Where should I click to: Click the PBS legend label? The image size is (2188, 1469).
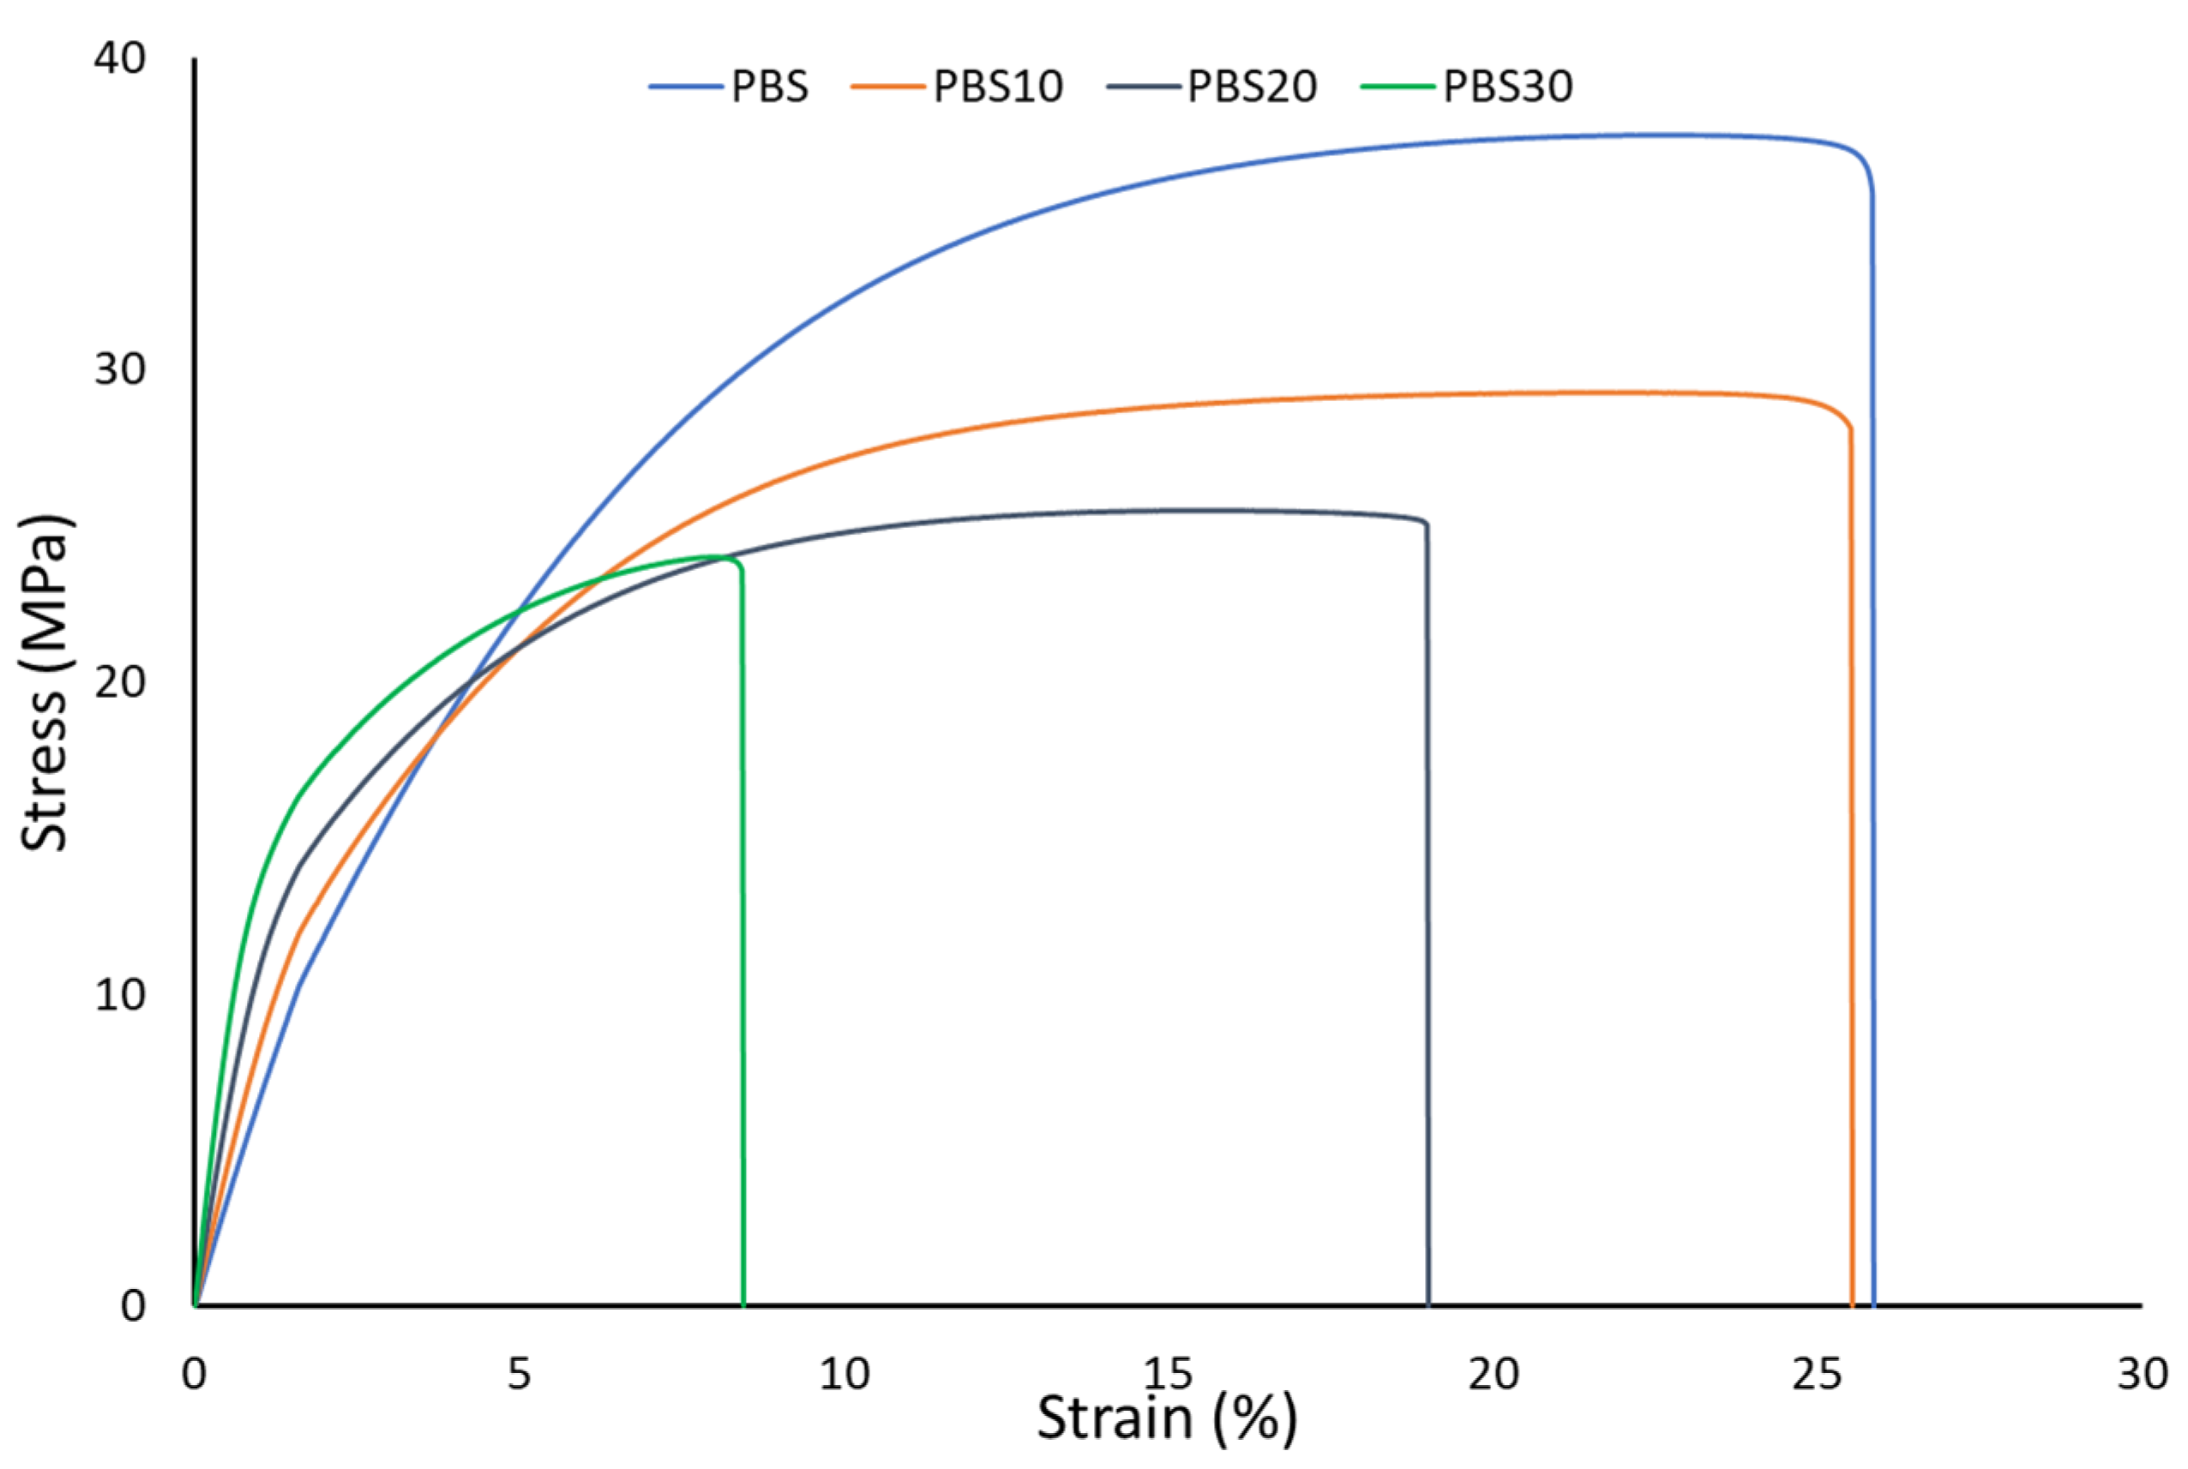click(x=769, y=87)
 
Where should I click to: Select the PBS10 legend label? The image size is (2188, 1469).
click(x=998, y=87)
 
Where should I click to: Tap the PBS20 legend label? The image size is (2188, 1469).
click(x=1252, y=87)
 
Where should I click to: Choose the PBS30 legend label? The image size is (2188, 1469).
click(x=1508, y=87)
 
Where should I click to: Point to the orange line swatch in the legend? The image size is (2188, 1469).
click(x=887, y=87)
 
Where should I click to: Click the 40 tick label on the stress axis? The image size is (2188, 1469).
click(x=120, y=59)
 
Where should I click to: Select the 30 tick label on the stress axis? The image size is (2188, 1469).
click(x=120, y=370)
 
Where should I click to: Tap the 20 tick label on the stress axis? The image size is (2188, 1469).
click(x=120, y=682)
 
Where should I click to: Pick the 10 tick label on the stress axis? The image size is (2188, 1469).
click(x=120, y=994)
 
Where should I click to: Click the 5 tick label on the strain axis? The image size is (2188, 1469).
click(x=519, y=1374)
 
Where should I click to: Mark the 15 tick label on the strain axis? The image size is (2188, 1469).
click(x=1168, y=1374)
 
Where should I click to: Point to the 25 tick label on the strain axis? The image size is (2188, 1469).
click(x=1817, y=1374)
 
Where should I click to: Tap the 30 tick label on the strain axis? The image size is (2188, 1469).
click(x=2142, y=1374)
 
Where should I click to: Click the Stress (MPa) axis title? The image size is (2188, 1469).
click(x=44, y=683)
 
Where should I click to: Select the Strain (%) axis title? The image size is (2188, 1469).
click(x=1167, y=1417)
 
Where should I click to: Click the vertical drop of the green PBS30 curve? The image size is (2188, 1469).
click(x=743, y=937)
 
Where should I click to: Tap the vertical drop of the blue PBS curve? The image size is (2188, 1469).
click(x=1873, y=749)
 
